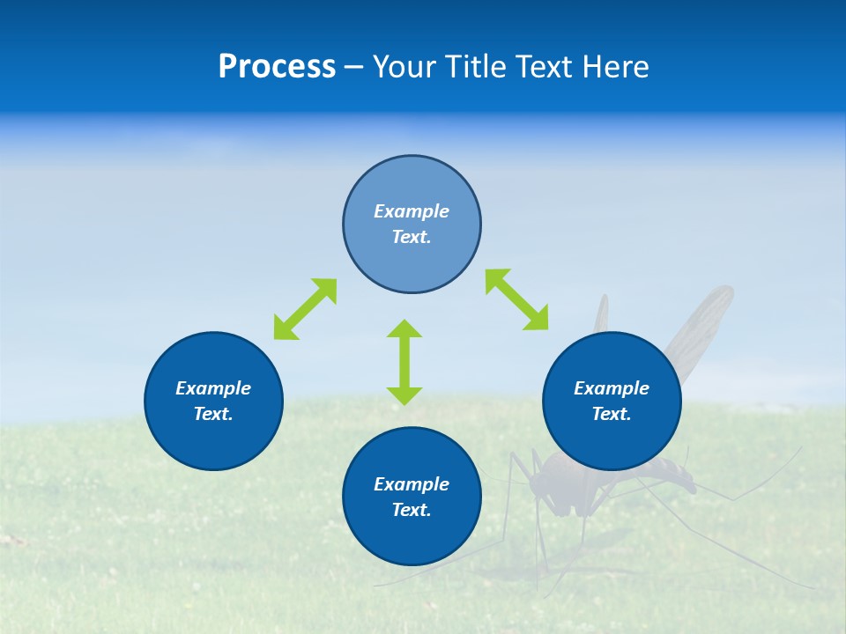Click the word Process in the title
coord(277,67)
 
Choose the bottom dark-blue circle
coord(412,537)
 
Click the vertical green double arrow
coord(404,362)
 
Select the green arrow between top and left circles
coord(305,309)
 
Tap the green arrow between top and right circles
coord(516,299)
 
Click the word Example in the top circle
coord(412,211)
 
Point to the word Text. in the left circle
coord(213,414)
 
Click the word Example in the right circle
coord(612,388)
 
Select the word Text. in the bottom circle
coord(412,510)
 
